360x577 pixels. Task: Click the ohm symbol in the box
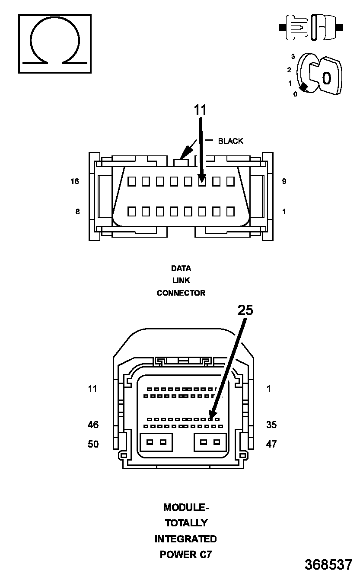[x=54, y=43]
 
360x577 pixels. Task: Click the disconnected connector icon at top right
[x=311, y=28]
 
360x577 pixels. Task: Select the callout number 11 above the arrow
[x=200, y=110]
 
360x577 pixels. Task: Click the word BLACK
[x=230, y=141]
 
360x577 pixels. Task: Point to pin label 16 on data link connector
[x=75, y=181]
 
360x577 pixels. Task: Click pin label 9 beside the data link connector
[x=284, y=181]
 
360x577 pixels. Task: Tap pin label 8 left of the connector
[x=78, y=212]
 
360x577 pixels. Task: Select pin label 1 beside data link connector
[x=284, y=212]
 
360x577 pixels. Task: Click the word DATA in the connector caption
[x=181, y=268]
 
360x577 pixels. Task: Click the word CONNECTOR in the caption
[x=181, y=293]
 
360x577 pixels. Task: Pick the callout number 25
[x=245, y=310]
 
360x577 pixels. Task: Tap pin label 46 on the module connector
[x=93, y=425]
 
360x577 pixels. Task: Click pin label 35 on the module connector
[x=271, y=425]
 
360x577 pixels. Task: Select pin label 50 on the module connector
[x=93, y=444]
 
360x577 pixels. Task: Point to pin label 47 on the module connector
[x=271, y=444]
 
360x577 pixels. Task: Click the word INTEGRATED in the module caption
[x=185, y=539]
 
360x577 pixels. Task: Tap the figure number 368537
[x=328, y=564]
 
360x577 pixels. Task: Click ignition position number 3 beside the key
[x=293, y=57]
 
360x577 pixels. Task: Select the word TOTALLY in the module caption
[x=186, y=523]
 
